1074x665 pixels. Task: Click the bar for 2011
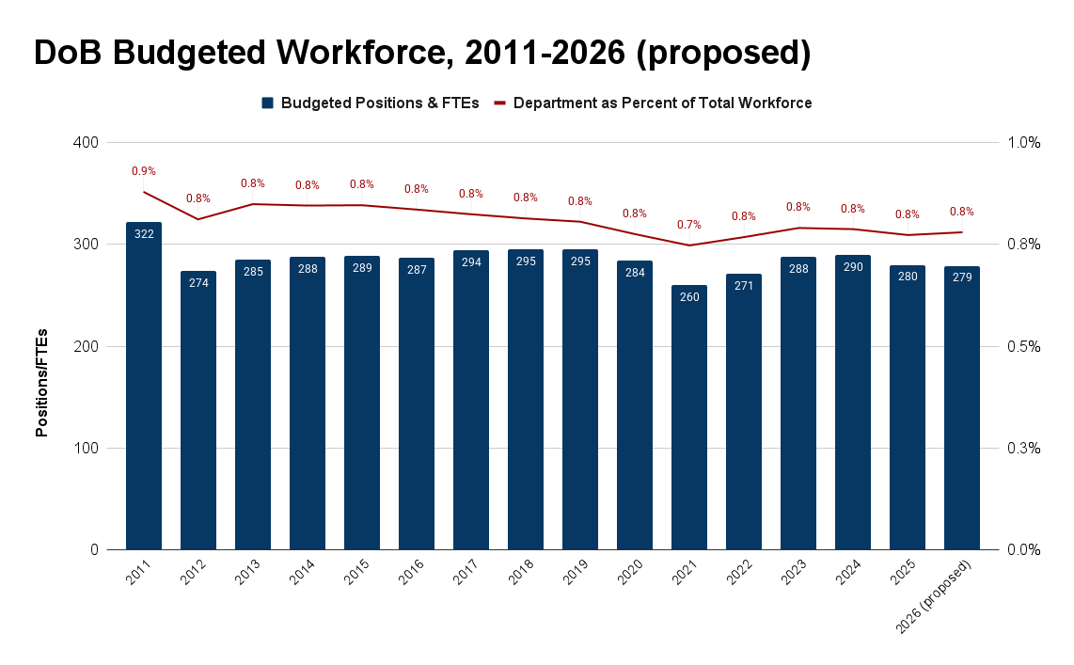pos(144,386)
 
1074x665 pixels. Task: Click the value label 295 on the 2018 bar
pos(526,261)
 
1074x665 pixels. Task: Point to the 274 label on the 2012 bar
pos(198,283)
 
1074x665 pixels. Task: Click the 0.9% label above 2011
pos(144,171)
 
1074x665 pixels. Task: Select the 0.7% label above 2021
pos(689,225)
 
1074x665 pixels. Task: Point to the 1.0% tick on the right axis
pos(1024,143)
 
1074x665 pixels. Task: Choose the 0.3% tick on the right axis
pos(1024,448)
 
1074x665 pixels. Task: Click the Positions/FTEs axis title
pos(41,381)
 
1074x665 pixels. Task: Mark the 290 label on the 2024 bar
pos(853,267)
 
